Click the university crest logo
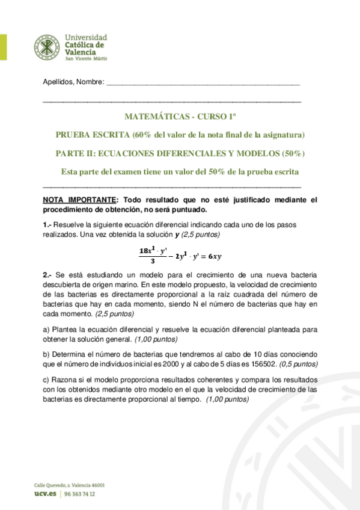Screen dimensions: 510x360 pos(46,47)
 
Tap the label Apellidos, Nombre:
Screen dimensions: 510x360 pos(74,82)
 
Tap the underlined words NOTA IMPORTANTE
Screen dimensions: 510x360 pos(78,200)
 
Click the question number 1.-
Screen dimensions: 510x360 pos(48,224)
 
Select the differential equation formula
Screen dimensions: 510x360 pos(180,254)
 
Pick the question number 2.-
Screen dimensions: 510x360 pos(48,274)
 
